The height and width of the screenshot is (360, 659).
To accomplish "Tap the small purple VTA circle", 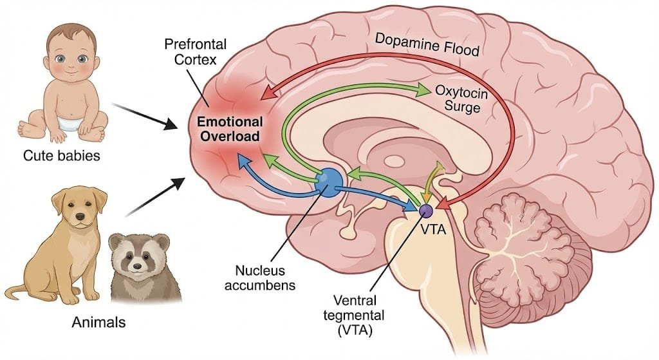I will (x=425, y=210).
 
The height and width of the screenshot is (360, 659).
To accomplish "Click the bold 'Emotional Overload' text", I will (x=230, y=129).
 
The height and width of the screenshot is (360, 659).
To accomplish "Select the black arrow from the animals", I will (x=154, y=196).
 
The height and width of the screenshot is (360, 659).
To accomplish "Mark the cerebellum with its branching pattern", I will (x=526, y=251).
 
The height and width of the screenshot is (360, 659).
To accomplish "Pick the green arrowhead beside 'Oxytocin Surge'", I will (x=424, y=90).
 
